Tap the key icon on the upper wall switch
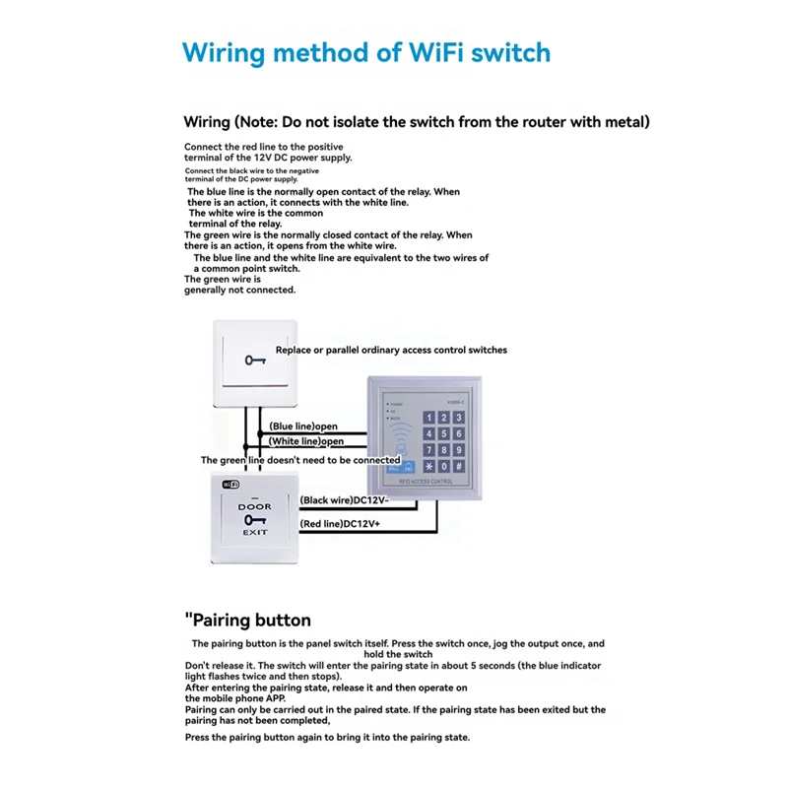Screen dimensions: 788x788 [255, 360]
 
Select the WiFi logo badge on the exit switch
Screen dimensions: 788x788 [230, 485]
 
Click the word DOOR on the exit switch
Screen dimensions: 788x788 [254, 506]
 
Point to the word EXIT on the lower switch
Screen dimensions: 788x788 [254, 532]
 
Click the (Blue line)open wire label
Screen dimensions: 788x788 [303, 427]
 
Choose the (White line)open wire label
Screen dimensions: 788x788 [306, 441]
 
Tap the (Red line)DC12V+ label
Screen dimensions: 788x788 [340, 523]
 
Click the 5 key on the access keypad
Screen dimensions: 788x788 [443, 434]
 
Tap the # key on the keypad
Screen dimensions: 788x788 [459, 466]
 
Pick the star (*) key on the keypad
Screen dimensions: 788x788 [428, 466]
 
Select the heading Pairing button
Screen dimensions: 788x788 [250, 621]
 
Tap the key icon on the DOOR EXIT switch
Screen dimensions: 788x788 [254, 519]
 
